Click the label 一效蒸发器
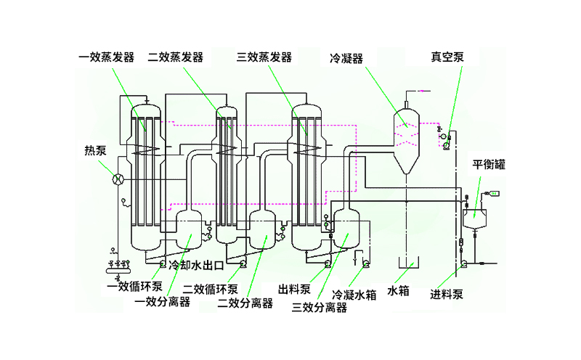(107, 57)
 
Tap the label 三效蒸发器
(264, 57)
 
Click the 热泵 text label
(95, 151)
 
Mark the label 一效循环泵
(134, 286)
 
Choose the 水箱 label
(399, 291)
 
